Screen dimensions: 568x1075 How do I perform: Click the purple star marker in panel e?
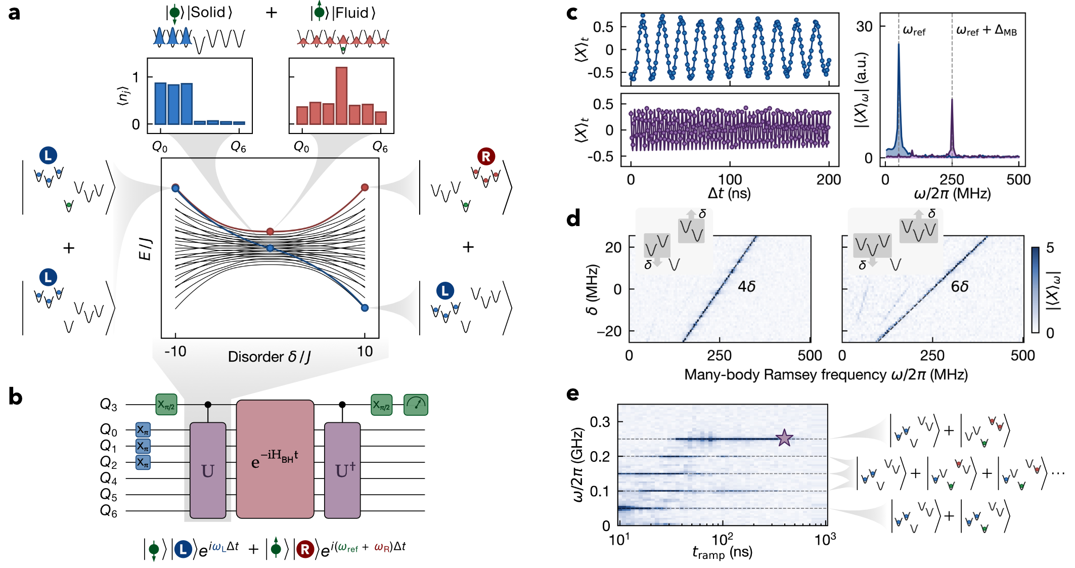pos(784,438)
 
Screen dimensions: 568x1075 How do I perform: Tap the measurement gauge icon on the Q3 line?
pos(416,405)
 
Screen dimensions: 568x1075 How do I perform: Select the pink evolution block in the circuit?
pos(275,459)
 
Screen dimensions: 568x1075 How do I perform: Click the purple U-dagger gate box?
pos(342,470)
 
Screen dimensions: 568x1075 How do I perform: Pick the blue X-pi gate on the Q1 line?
pos(143,446)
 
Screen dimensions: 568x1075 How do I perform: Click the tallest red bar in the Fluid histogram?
pos(341,96)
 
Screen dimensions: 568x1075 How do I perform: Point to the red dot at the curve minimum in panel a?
pos(270,232)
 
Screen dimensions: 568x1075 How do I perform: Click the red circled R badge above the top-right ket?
pos(486,157)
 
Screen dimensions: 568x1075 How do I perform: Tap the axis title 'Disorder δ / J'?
pos(270,357)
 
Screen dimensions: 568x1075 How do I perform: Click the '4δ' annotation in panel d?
pos(746,287)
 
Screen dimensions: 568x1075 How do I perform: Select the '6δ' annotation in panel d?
pos(959,287)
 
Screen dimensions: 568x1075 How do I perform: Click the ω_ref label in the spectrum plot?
pos(914,31)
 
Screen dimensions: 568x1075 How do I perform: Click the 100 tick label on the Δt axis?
pos(730,180)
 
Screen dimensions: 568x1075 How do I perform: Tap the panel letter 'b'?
pos(15,397)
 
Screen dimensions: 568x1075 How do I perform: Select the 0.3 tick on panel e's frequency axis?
pos(600,422)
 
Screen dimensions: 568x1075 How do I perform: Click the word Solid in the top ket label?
pos(207,12)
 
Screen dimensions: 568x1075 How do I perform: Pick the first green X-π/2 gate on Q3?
pos(166,405)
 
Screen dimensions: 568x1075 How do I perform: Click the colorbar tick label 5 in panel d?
pos(1050,248)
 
